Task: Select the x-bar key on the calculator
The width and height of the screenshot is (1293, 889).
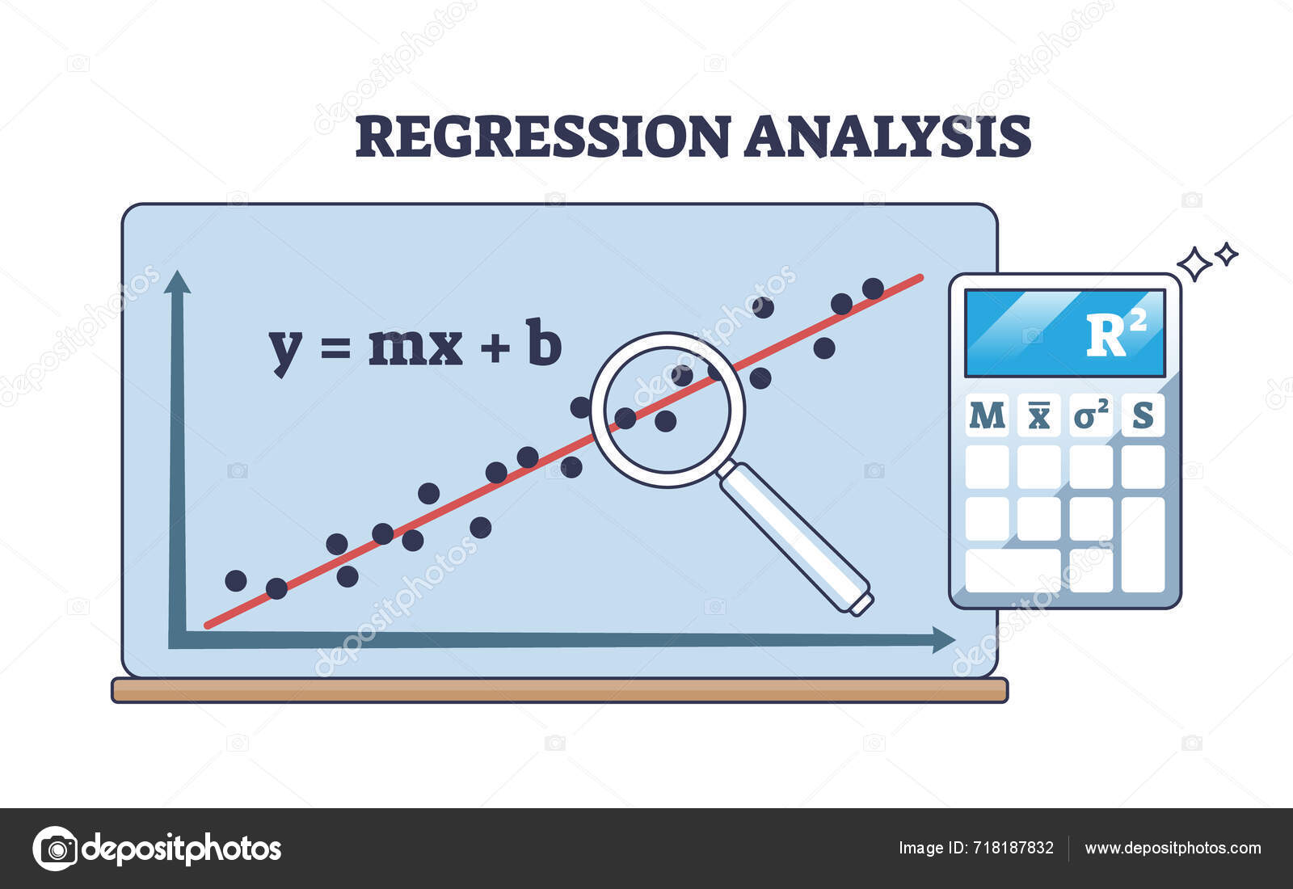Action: click(x=1038, y=415)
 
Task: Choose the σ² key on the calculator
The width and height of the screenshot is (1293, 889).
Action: click(x=1091, y=415)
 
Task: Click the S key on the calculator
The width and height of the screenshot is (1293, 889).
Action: click(x=1143, y=415)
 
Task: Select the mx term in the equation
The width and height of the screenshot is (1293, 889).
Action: click(x=415, y=347)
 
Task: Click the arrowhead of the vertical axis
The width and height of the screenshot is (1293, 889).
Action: click(x=177, y=282)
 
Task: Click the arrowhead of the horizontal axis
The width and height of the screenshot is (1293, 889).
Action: click(x=943, y=639)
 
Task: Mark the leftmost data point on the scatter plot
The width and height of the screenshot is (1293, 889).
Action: click(x=236, y=580)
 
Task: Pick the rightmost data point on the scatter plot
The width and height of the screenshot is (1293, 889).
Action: click(x=873, y=289)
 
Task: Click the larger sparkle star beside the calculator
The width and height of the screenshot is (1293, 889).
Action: click(x=1194, y=264)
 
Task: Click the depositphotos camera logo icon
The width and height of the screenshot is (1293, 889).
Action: click(x=55, y=849)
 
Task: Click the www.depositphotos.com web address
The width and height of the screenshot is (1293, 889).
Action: click(x=1173, y=848)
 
